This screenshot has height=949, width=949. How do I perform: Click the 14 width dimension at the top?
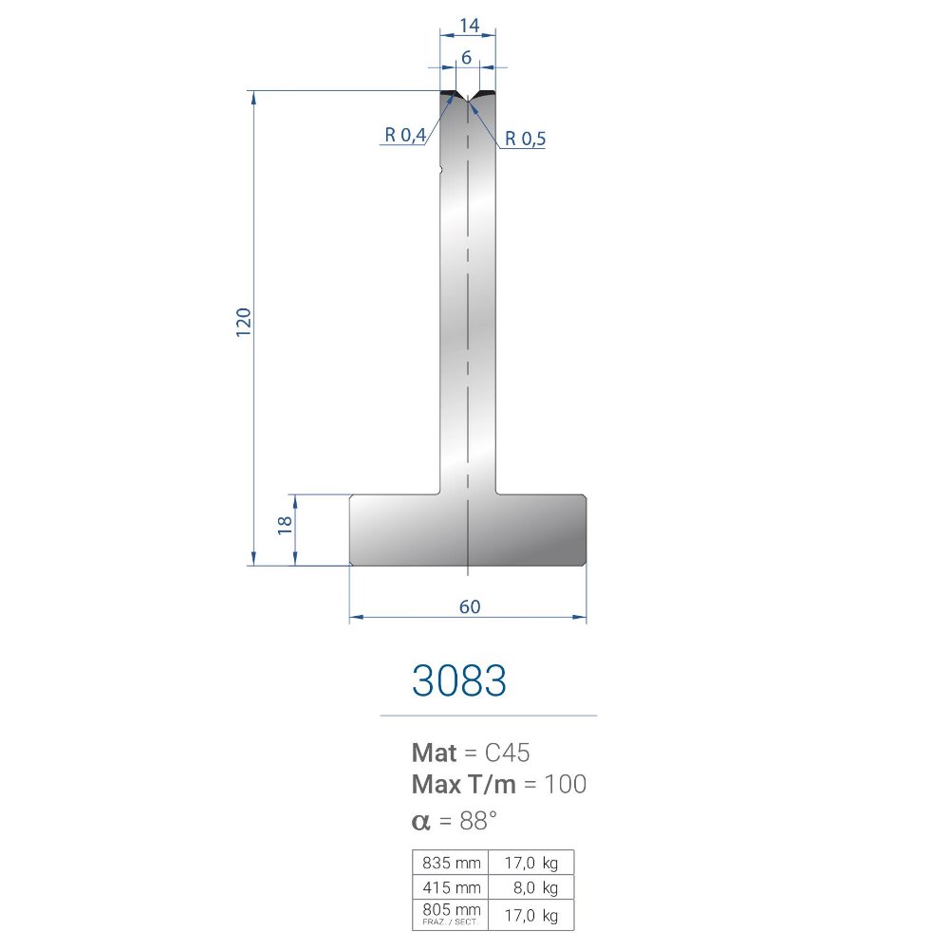469,26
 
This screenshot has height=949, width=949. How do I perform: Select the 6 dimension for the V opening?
466,58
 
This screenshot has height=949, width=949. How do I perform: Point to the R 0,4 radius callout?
405,135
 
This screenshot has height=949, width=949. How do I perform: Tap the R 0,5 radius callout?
525,139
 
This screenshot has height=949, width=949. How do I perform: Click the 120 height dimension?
243,322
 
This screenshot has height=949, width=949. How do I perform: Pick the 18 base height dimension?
285,525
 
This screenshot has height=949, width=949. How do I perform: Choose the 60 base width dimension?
470,606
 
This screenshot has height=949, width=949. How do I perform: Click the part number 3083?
458,680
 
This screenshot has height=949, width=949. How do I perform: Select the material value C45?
507,753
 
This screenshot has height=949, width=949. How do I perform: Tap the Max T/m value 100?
566,785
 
